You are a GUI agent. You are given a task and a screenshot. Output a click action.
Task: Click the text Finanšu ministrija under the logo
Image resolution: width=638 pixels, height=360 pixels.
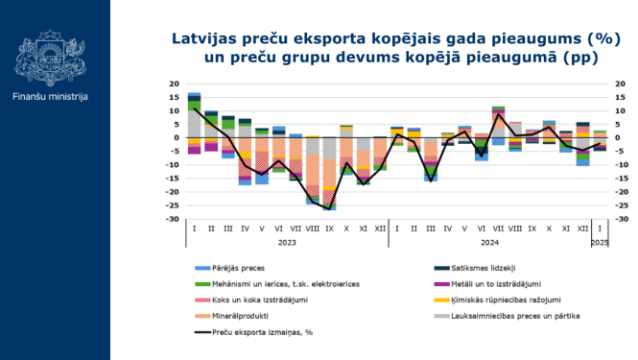[x=51, y=97]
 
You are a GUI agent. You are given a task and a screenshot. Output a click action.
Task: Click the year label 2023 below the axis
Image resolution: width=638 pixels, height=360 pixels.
[x=287, y=243]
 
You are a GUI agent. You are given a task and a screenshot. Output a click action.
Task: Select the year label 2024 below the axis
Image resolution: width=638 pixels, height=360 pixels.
[x=488, y=243]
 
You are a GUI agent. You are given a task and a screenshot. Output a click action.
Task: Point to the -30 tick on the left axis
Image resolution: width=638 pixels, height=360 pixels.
[x=174, y=220]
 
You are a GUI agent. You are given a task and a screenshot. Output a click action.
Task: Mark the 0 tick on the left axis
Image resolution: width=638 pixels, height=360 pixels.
[x=176, y=138]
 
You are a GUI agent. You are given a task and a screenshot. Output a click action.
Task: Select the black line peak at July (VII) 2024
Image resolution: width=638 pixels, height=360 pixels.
[x=497, y=115]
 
